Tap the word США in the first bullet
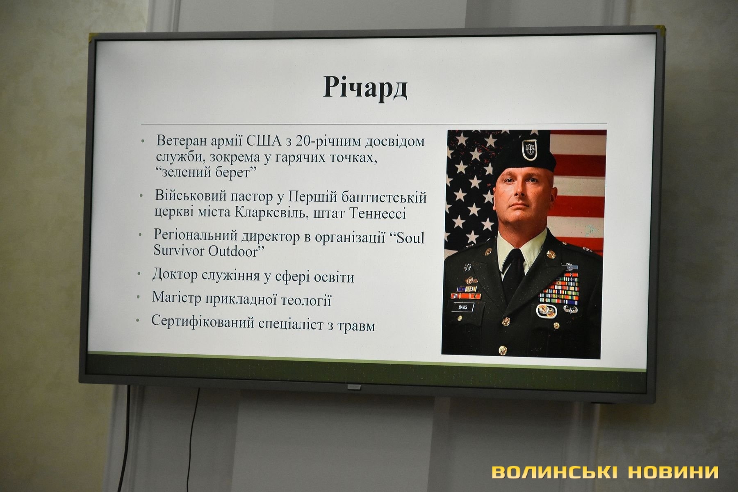coord(265,141)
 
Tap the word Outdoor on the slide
coord(232,251)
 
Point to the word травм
coord(358,326)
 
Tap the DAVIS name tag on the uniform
coord(467,307)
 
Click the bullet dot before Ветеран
coord(142,141)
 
